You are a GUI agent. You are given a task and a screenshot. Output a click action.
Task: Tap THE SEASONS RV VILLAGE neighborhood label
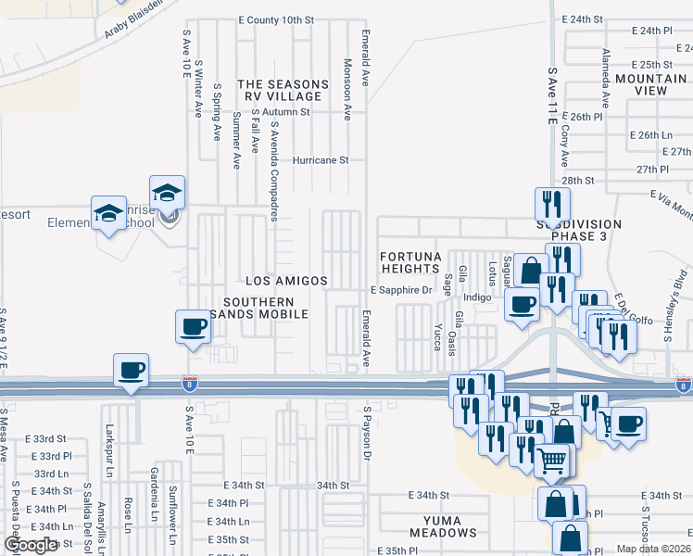283,90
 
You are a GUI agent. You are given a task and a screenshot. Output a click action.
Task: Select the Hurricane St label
320,159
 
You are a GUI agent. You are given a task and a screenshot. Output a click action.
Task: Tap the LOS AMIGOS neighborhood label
285,280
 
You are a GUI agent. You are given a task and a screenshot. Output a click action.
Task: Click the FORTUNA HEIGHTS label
409,262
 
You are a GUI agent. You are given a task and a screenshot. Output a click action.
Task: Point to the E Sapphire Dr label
402,290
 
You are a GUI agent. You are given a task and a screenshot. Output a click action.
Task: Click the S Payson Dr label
367,433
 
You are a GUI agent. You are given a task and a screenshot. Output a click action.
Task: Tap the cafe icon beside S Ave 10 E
193,327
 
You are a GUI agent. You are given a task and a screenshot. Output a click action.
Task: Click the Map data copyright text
651,549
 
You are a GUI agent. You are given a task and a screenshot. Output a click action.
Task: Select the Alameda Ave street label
605,79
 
